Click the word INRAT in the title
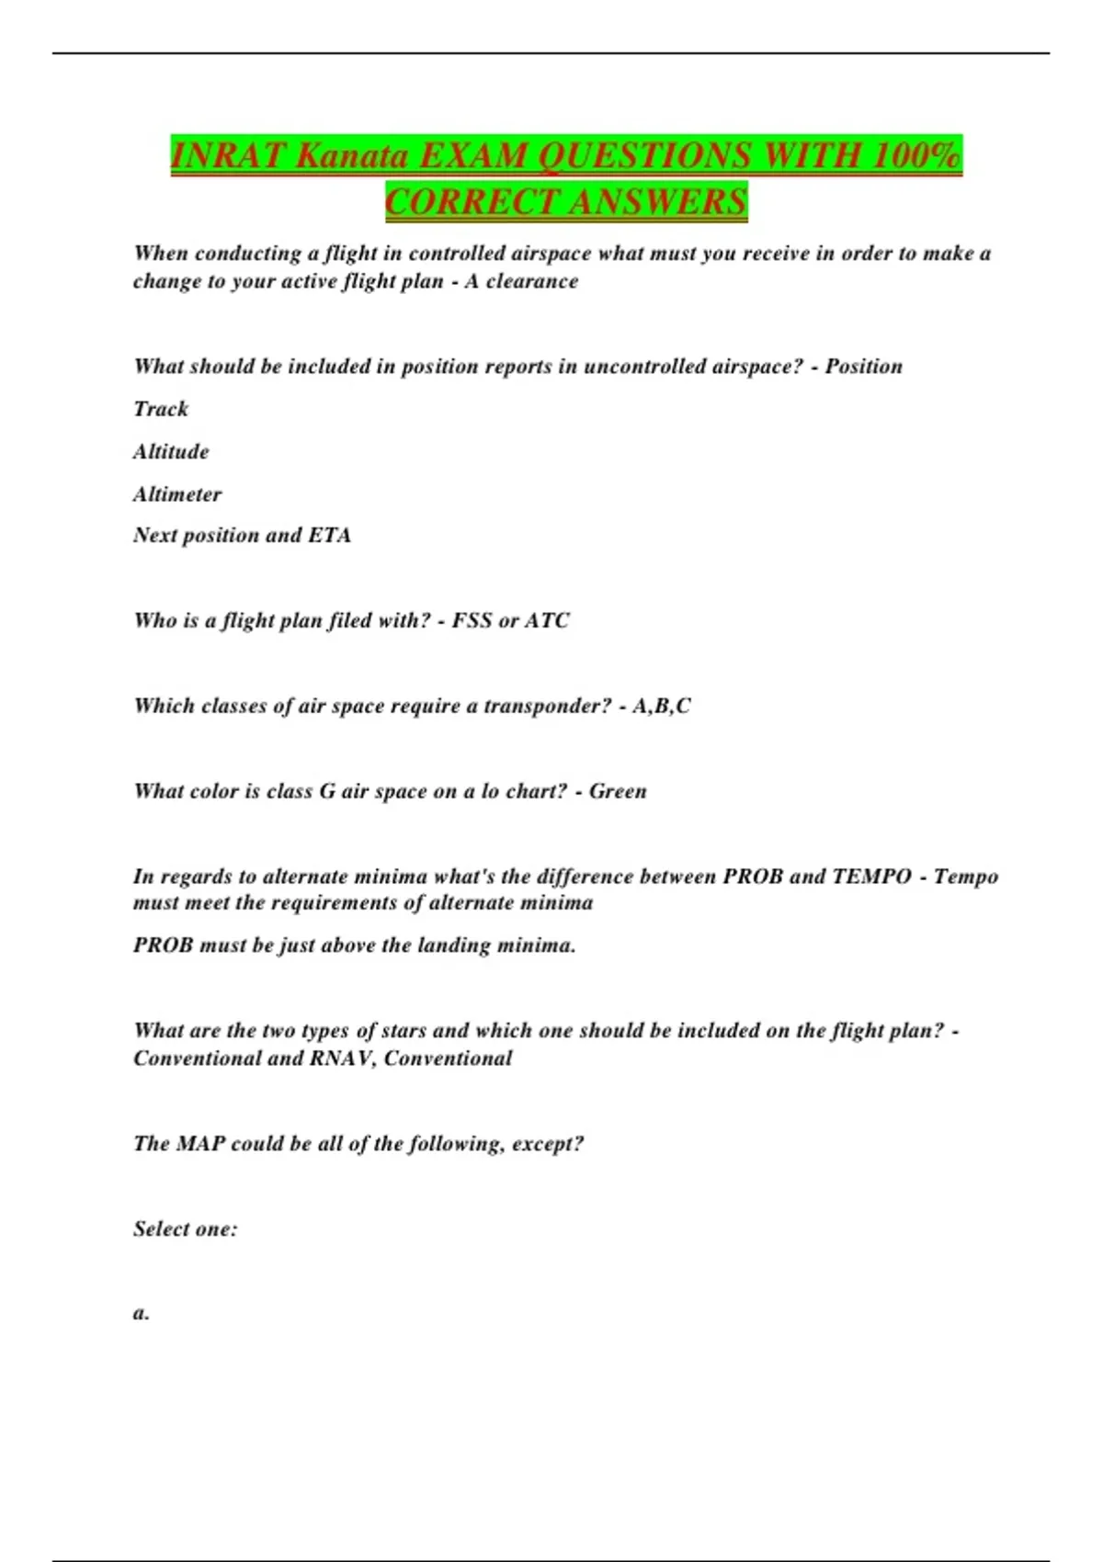[229, 155]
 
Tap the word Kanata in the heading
[353, 155]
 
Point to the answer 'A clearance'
[521, 281]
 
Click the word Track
[161, 409]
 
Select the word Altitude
[171, 451]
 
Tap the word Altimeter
[177, 494]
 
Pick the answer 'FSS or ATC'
[510, 620]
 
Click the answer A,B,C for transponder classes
[661, 706]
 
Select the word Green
[618, 791]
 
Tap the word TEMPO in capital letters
[871, 877]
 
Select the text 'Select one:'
[185, 1229]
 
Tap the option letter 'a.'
[141, 1313]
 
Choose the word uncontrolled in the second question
[646, 367]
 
